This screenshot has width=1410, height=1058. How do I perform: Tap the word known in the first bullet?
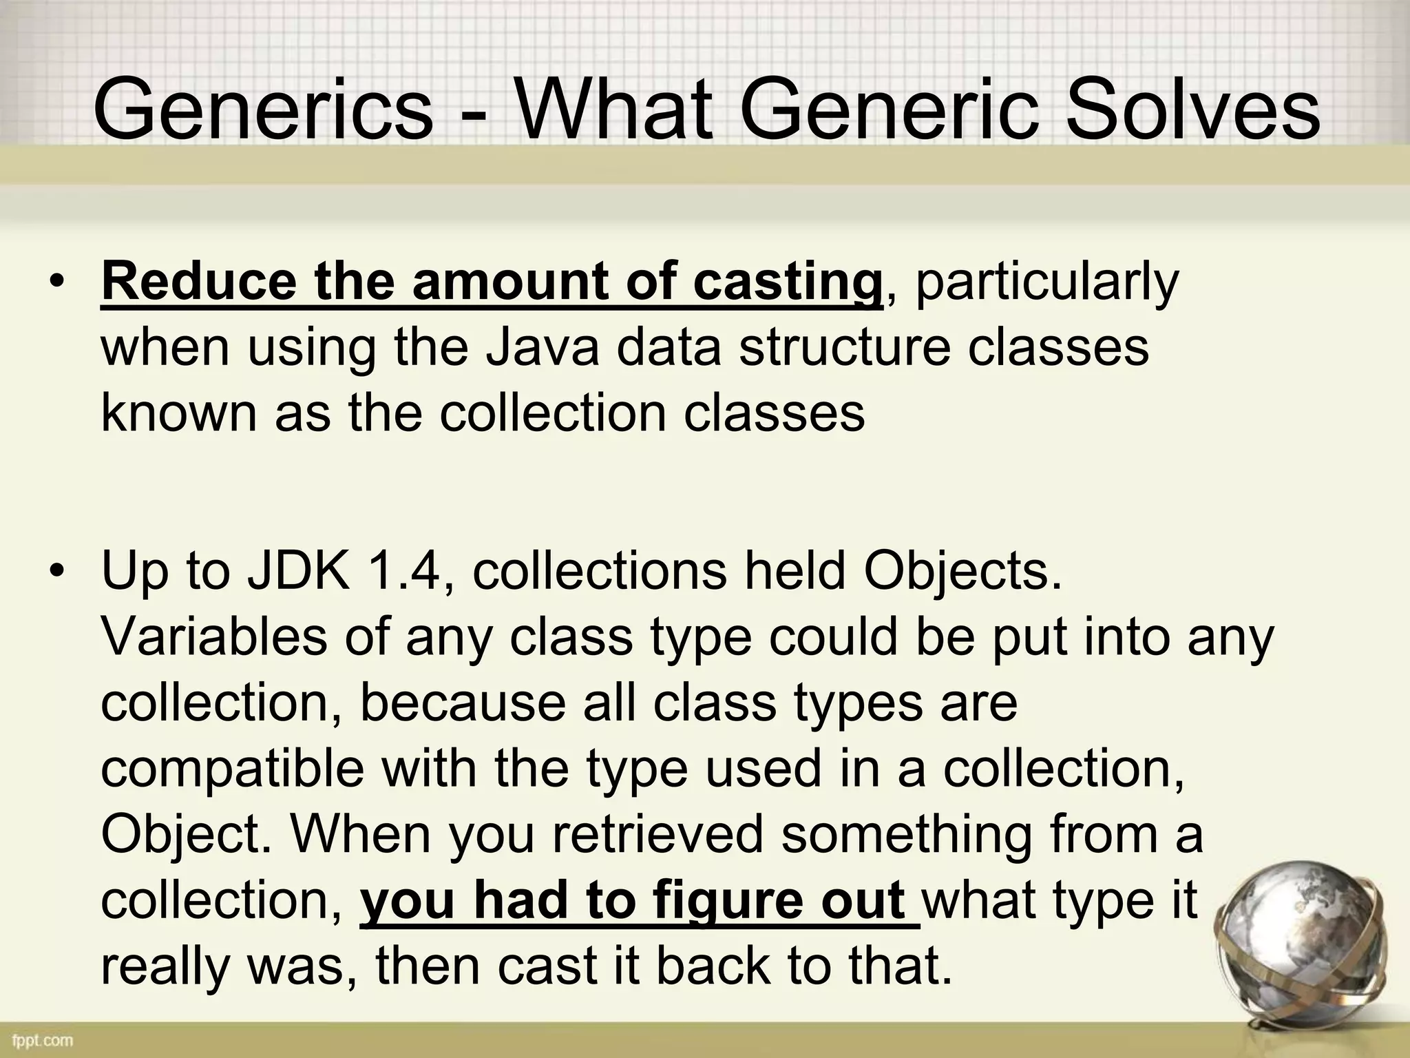pyautogui.click(x=179, y=413)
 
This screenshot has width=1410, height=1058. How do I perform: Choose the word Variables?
pyautogui.click(x=213, y=636)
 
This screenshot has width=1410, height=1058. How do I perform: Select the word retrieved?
pyautogui.click(x=657, y=834)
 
